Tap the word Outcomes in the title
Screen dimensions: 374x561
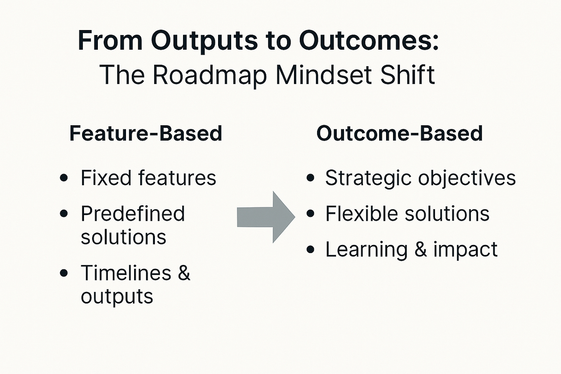(368, 40)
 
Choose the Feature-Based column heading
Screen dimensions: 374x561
(146, 133)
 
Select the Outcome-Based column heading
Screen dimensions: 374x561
(400, 133)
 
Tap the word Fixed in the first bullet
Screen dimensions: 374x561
(106, 178)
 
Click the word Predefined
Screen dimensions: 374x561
(133, 214)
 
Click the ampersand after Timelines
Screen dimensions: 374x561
(184, 273)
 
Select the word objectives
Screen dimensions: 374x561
(467, 178)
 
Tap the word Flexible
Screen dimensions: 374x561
(361, 214)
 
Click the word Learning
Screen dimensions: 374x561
(366, 250)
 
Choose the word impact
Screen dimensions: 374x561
(465, 250)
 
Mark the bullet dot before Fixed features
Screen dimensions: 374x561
(64, 178)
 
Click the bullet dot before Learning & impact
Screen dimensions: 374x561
(311, 250)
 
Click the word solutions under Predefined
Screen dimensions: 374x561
(123, 237)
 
